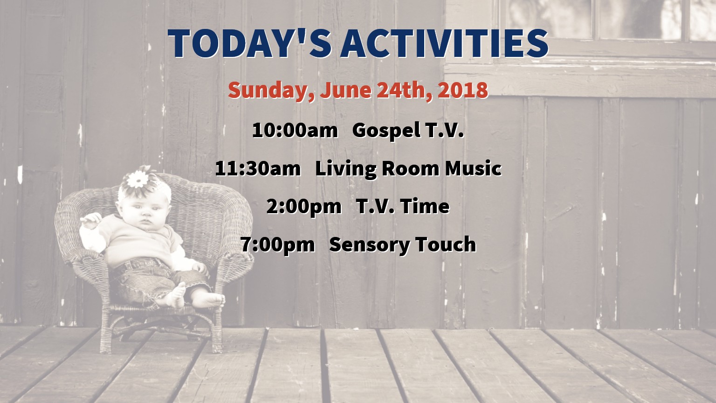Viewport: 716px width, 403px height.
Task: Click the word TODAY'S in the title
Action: tap(250, 43)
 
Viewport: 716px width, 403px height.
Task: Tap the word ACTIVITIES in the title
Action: tap(445, 43)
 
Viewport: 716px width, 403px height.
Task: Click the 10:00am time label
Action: tap(295, 131)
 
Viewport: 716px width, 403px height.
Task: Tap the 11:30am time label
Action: tap(258, 168)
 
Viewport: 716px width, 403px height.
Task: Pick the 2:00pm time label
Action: tap(303, 207)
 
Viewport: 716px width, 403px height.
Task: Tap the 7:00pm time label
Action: tap(278, 245)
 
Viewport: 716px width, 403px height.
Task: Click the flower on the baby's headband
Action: tap(138, 179)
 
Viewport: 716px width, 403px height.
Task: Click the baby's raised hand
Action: tap(91, 220)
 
